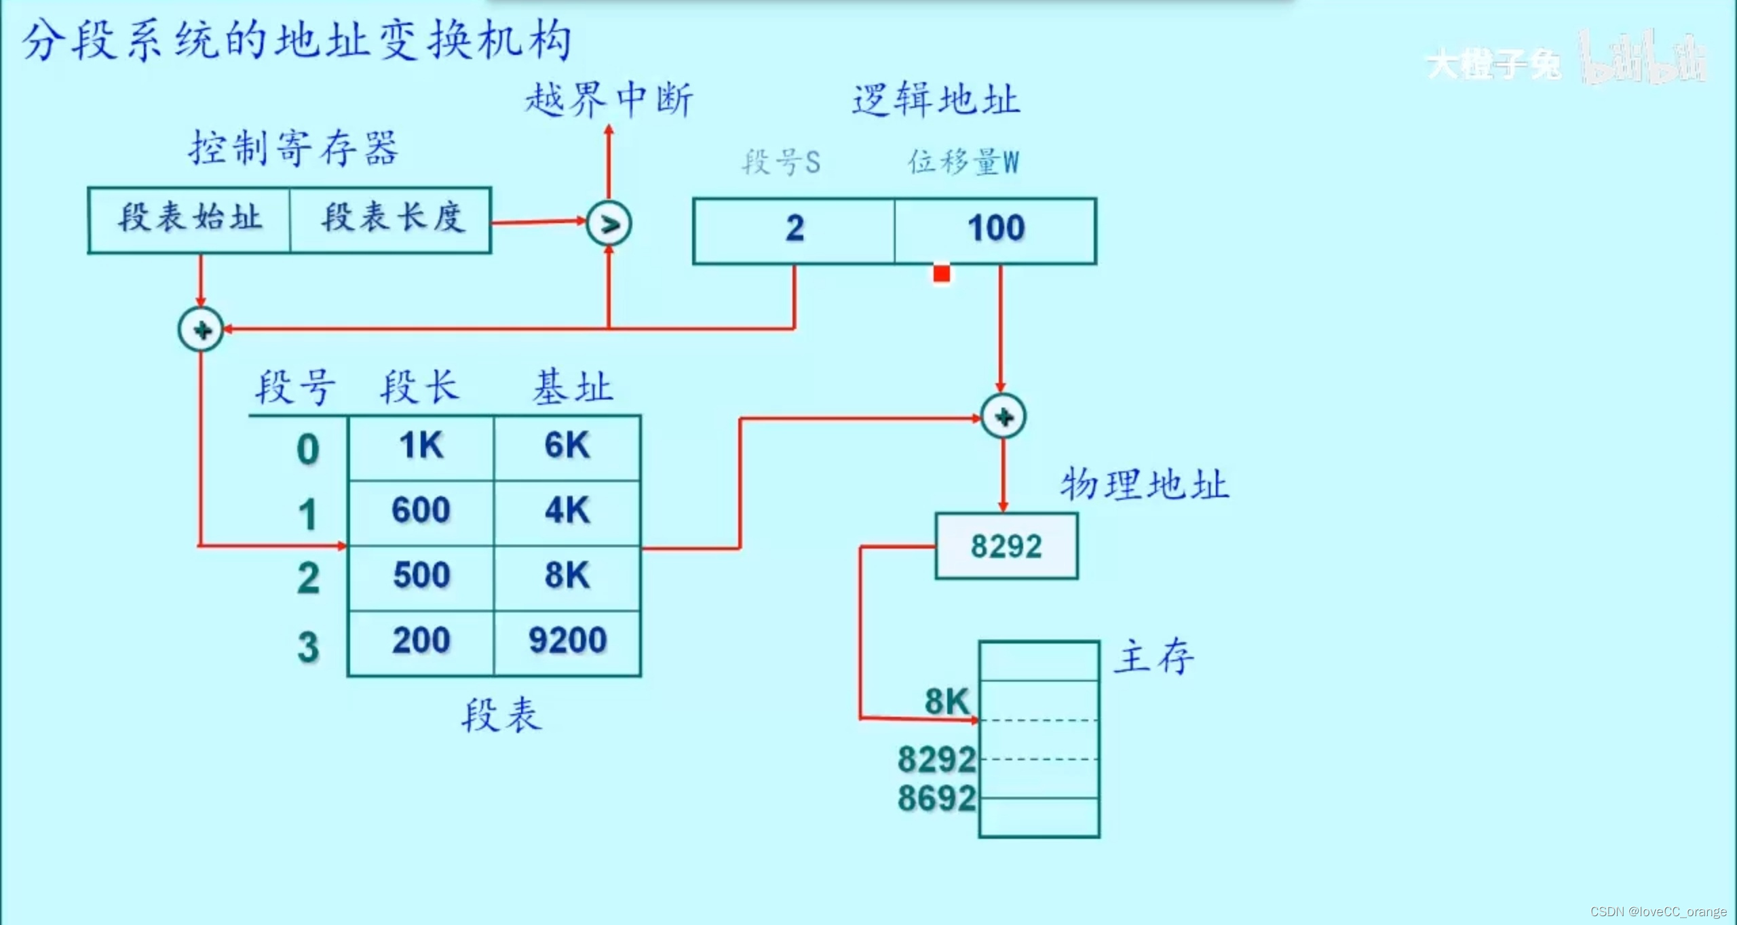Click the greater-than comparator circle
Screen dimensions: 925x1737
coord(609,224)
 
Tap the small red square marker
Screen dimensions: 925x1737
coord(941,274)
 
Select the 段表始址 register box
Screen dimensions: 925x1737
coord(189,220)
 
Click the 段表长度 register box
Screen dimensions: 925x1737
coord(391,220)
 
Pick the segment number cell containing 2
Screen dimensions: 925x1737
coord(794,230)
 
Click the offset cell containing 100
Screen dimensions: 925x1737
coord(995,230)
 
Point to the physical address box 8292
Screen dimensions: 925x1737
coord(1006,547)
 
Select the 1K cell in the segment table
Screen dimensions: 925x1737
coord(421,447)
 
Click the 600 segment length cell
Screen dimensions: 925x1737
coord(421,511)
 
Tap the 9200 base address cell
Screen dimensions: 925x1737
coord(568,642)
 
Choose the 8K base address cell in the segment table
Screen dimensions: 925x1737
coord(568,576)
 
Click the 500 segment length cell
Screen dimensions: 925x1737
coord(421,576)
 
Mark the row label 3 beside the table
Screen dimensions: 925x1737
coord(308,648)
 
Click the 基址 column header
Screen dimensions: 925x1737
coord(572,388)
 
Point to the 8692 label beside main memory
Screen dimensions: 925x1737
coord(936,799)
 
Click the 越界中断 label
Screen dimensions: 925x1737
coord(609,100)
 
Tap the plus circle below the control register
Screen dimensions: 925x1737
coord(201,330)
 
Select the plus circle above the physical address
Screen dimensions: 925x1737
coord(1004,416)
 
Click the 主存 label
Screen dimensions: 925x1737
coord(1154,657)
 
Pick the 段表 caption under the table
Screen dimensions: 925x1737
coord(501,715)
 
